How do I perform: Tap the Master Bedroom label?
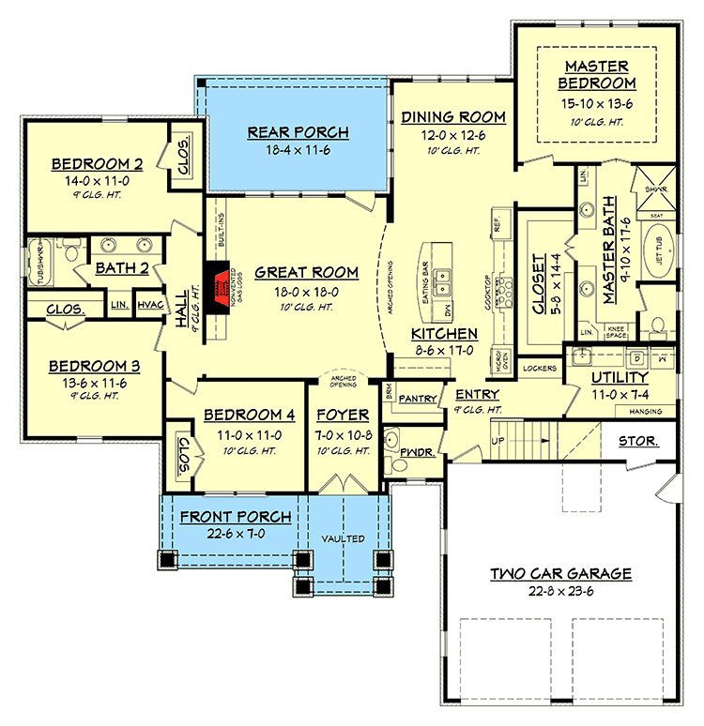point(603,75)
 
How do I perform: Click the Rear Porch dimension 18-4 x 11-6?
point(298,150)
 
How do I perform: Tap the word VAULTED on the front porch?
point(344,540)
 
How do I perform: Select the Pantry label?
point(418,399)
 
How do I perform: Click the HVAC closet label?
point(149,305)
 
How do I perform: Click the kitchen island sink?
point(446,279)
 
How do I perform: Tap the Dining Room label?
point(452,117)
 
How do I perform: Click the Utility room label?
point(620,377)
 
